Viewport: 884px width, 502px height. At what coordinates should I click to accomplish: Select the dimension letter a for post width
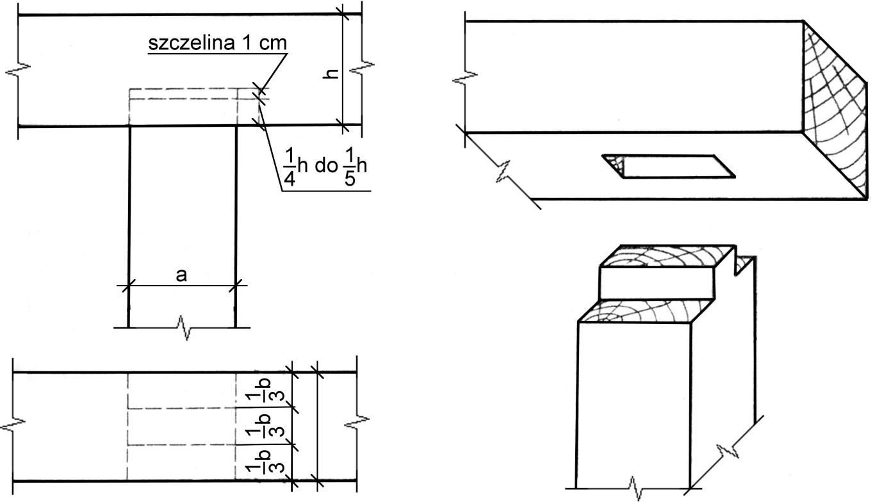click(181, 275)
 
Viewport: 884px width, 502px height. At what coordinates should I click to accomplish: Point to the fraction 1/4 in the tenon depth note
click(290, 167)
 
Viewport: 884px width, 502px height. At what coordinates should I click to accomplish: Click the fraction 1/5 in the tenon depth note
click(350, 167)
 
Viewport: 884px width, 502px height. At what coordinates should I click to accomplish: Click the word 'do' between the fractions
click(326, 166)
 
